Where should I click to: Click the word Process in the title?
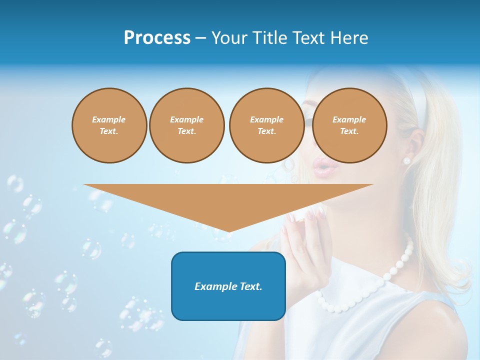(157, 38)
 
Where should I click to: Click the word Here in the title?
(349, 38)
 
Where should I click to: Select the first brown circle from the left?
(109, 125)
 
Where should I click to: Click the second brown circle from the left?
(186, 125)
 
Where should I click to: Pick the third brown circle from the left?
(266, 125)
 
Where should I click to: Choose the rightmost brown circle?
(349, 125)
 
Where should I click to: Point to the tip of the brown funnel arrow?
(228, 230)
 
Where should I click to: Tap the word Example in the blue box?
(212, 286)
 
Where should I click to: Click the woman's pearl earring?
(406, 160)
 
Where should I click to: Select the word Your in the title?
(228, 38)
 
